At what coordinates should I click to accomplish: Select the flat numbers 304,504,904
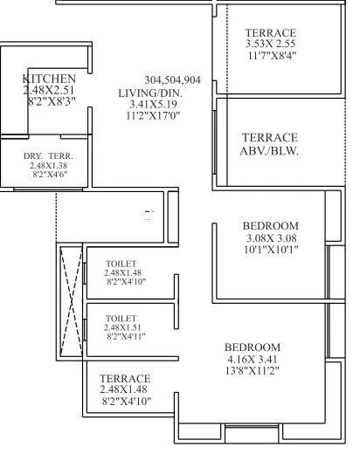click(x=173, y=79)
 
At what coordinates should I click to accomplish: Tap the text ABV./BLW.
click(x=270, y=149)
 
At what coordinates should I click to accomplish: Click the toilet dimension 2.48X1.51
click(x=127, y=327)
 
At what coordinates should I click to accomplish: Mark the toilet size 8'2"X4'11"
click(x=128, y=336)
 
